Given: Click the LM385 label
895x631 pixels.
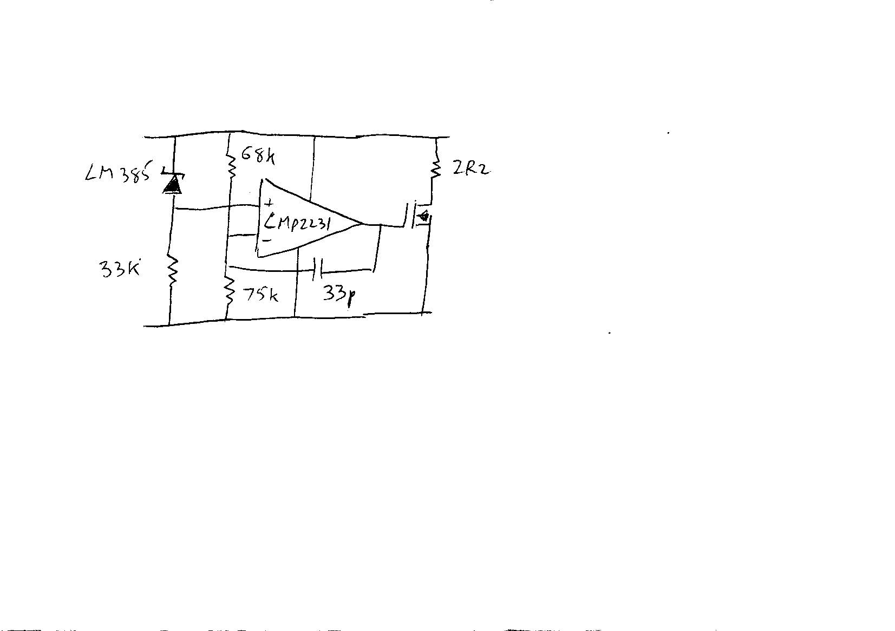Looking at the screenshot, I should coord(117,174).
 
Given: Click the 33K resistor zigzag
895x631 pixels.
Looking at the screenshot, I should coord(172,271).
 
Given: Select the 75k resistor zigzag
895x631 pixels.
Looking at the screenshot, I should coord(230,291).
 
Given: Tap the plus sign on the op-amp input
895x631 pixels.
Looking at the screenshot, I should coord(268,204).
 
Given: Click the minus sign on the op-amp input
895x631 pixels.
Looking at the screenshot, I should coord(266,240).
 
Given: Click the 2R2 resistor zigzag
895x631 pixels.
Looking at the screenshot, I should coord(435,170).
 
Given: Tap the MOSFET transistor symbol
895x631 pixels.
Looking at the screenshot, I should coord(417,217).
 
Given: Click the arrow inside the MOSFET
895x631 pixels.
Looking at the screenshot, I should coord(423,217).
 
